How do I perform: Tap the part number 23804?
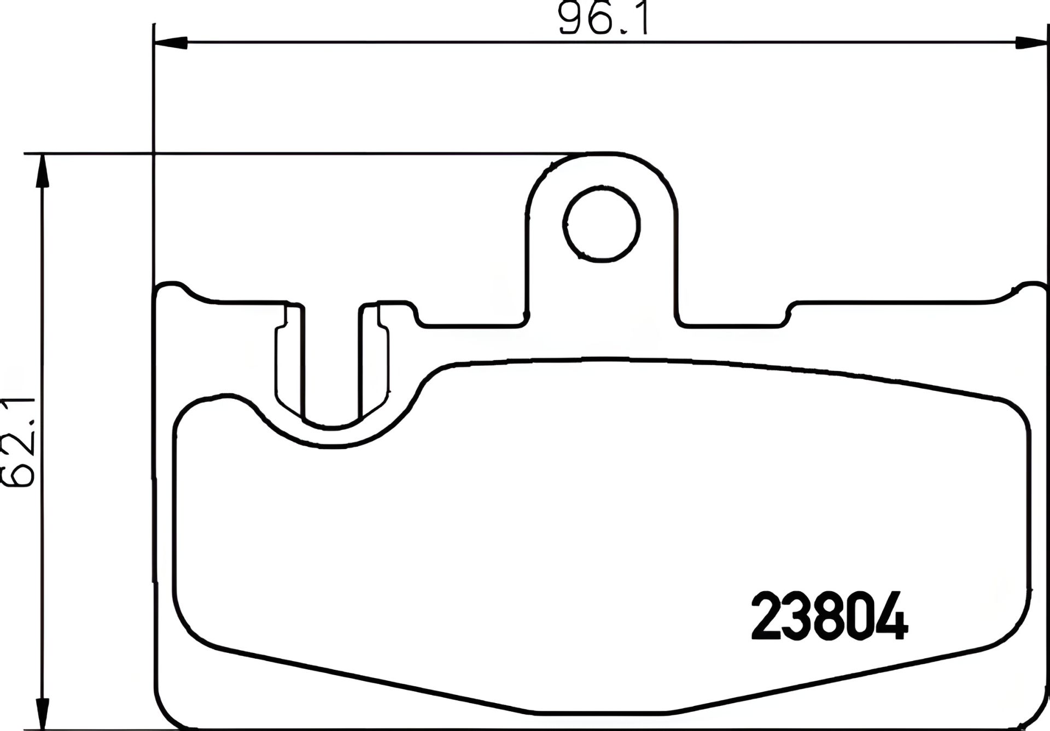[830, 616]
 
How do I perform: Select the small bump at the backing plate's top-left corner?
[174, 286]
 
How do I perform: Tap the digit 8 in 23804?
[830, 616]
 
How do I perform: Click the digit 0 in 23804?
[861, 616]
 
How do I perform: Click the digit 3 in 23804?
[798, 616]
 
